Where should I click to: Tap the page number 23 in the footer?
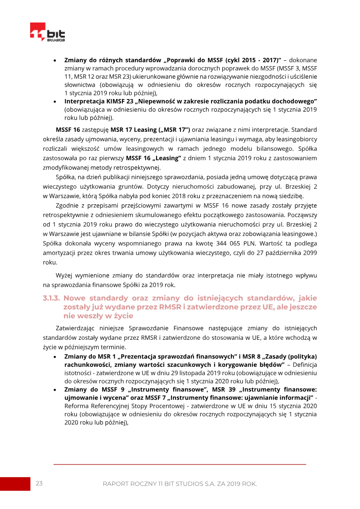pos(39,483)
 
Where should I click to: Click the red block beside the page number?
pos(14,483)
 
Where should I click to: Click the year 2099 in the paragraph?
pos(310,253)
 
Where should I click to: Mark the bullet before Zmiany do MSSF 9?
pos(54,390)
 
